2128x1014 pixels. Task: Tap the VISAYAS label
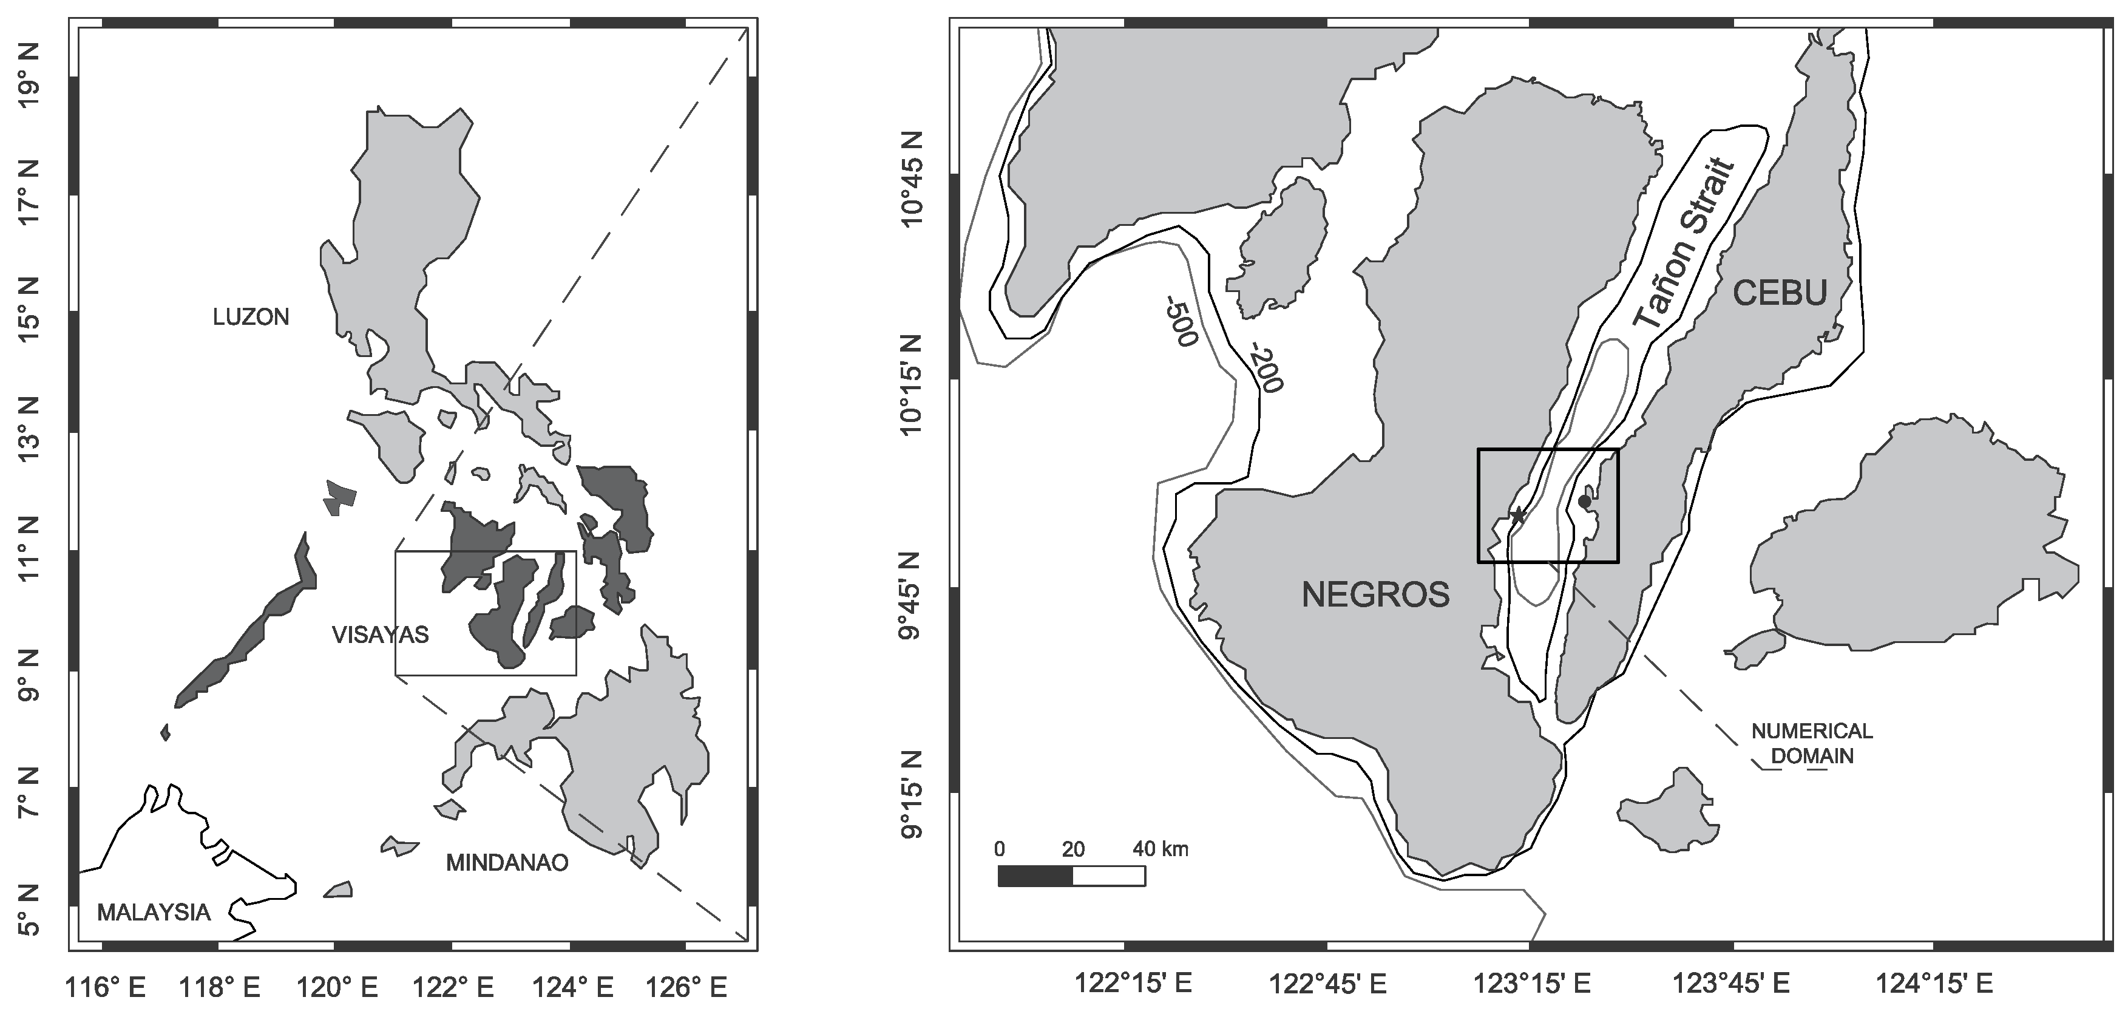(380, 634)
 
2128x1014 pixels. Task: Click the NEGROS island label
(1375, 594)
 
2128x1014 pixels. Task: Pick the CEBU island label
(1780, 293)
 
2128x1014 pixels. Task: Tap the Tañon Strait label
(1684, 245)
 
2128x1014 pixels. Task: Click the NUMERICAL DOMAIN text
(1812, 743)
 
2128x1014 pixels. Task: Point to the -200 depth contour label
(1266, 367)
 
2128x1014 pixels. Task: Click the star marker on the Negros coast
(1517, 516)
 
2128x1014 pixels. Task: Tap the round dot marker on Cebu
(1584, 501)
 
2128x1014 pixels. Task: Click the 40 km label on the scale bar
(1161, 849)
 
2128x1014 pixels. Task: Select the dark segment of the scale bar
(1035, 876)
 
